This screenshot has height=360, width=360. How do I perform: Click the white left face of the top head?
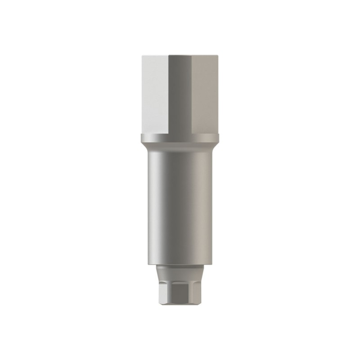coord(154,94)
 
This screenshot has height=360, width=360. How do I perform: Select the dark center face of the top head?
coord(180,94)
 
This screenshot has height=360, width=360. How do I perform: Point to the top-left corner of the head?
coord(141,56)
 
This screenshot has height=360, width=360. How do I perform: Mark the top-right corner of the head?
coord(218,56)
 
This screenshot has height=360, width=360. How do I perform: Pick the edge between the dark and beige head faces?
coord(192,94)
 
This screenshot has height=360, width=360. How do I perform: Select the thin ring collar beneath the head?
coord(180,138)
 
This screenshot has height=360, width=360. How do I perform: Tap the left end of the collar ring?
coord(141,138)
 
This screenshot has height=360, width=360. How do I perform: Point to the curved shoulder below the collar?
coord(180,147)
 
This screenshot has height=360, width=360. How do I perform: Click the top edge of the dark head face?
coord(180,56)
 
